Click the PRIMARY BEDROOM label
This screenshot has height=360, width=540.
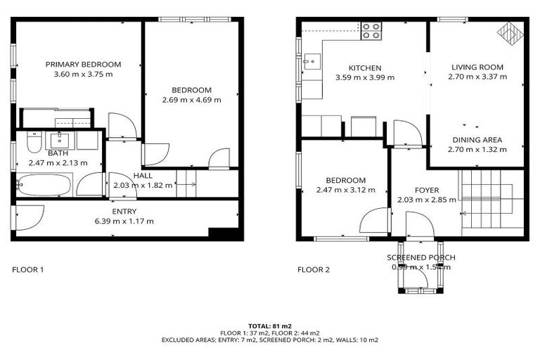(84, 64)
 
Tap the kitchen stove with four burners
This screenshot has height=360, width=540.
(371, 30)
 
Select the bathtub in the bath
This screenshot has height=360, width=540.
(44, 186)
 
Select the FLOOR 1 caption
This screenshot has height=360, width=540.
(29, 269)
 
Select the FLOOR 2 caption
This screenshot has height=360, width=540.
(313, 269)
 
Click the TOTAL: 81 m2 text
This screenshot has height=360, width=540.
(270, 326)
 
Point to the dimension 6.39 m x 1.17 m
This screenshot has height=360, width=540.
(124, 221)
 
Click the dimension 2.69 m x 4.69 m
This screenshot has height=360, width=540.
(191, 100)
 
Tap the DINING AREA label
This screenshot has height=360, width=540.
(477, 139)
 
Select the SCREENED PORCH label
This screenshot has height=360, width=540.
(421, 257)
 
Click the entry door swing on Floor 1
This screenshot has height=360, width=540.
(30, 217)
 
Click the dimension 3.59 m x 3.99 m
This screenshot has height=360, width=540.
(365, 77)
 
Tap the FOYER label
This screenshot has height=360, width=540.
(427, 191)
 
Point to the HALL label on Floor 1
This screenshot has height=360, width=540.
(143, 176)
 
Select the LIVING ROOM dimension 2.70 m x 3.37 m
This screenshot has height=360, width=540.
(477, 77)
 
